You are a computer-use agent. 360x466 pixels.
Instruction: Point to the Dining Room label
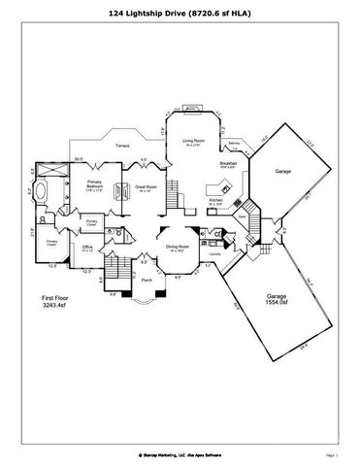pyautogui.click(x=177, y=248)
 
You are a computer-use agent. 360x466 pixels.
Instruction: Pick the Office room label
pyautogui.click(x=87, y=248)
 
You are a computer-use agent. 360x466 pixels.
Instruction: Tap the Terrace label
pyautogui.click(x=122, y=146)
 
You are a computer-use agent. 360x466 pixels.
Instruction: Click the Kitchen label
pyautogui.click(x=216, y=201)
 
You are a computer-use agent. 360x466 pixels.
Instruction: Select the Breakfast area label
pyautogui.click(x=228, y=164)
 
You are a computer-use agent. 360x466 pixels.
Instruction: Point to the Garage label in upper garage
pyautogui.click(x=282, y=171)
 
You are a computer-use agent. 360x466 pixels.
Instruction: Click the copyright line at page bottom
pyautogui.click(x=180, y=453)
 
